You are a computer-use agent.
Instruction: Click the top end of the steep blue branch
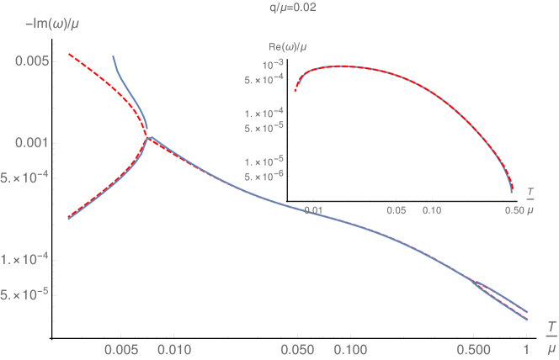(114, 56)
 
